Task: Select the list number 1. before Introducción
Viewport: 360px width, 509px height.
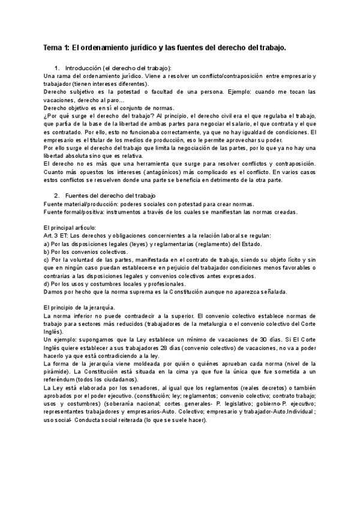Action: (x=57, y=69)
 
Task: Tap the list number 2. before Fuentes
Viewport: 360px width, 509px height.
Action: (x=57, y=196)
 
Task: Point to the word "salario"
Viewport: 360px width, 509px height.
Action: (x=235, y=123)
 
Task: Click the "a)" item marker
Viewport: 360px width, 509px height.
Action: (x=47, y=244)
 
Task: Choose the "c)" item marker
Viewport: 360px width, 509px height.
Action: (x=47, y=260)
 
